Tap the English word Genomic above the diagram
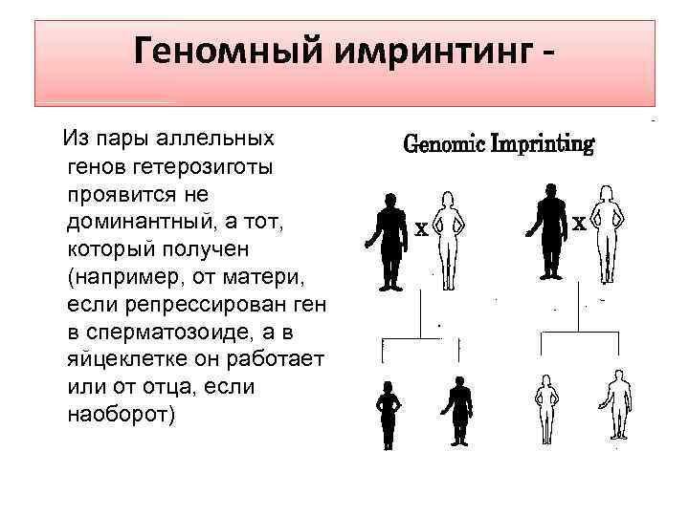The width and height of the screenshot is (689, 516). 445,144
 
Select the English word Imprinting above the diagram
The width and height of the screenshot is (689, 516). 543,144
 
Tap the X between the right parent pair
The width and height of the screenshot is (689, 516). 579,225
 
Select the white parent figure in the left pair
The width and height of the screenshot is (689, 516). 447,230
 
